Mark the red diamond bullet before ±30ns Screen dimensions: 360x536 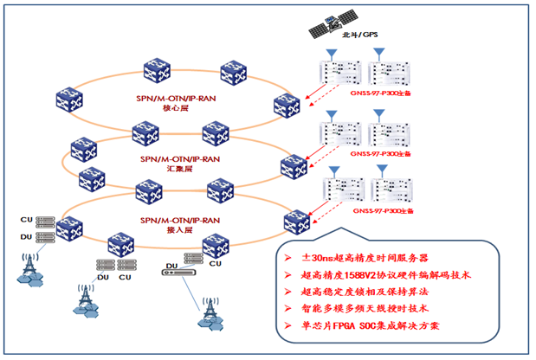[x=288, y=258]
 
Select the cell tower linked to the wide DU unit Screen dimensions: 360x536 [x=209, y=313]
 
